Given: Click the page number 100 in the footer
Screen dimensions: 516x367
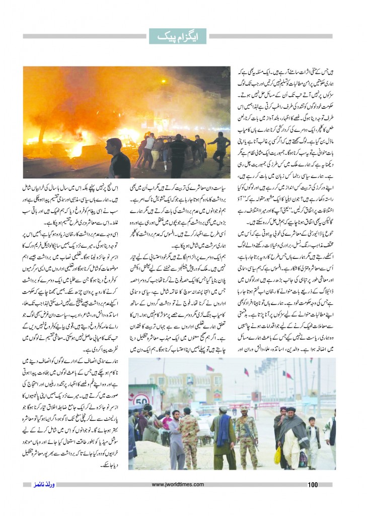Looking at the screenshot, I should [313, 485].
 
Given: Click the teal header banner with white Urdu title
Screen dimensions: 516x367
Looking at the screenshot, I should [183, 36].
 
